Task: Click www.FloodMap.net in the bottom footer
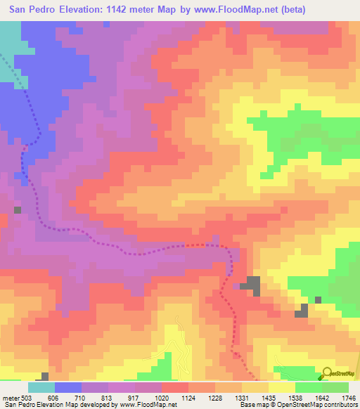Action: pos(147,405)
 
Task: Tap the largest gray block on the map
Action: pos(252,285)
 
